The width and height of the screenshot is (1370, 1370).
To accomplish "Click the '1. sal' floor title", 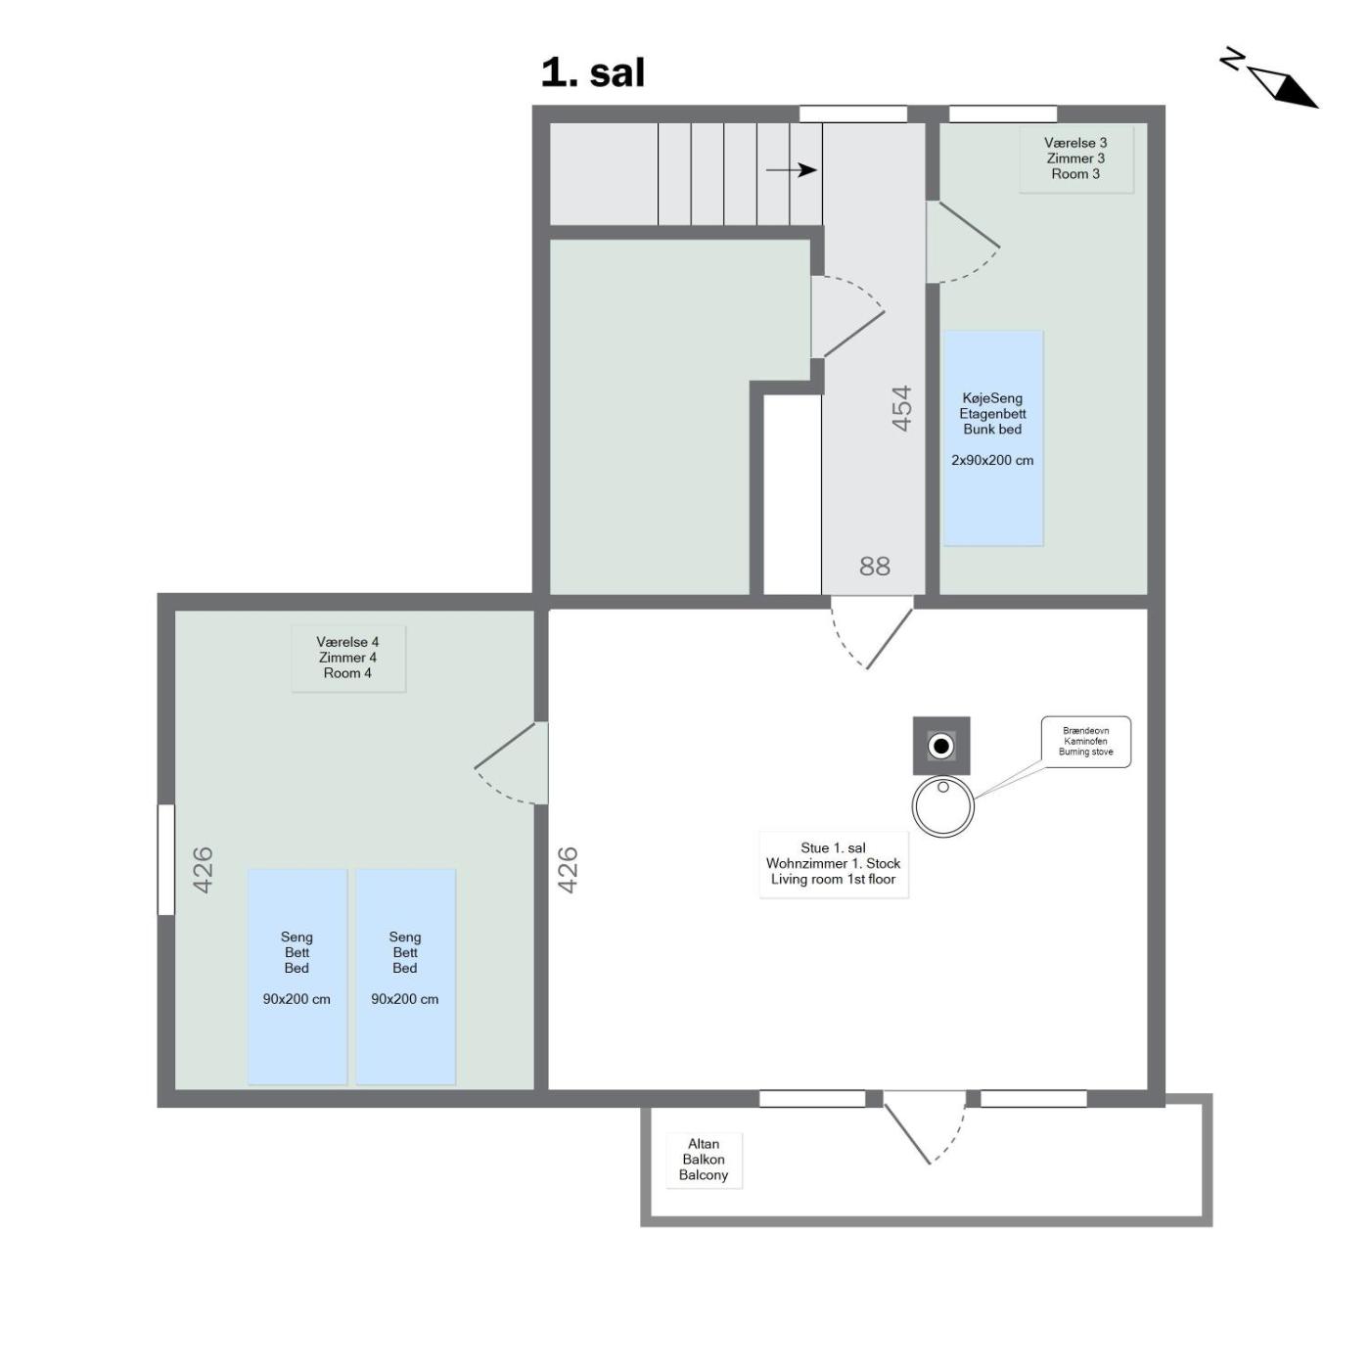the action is (592, 72).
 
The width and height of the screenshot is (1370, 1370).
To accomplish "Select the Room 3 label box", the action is (1074, 159).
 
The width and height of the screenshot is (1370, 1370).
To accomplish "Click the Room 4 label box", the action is (347, 658).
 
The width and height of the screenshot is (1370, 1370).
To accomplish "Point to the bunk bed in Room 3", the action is (992, 438).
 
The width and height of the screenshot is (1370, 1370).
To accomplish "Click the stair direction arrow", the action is (791, 170).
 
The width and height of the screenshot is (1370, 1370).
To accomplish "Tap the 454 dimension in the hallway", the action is (901, 408).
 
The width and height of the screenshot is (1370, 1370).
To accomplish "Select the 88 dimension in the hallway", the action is (875, 566).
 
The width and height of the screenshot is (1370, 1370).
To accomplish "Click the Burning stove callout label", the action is (1085, 742).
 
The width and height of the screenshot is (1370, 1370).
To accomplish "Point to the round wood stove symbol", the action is (942, 806).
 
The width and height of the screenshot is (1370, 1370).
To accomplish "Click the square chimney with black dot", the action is (941, 746).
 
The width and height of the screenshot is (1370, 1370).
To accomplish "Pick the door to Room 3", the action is (963, 243).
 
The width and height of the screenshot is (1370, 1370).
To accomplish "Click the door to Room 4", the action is (511, 763).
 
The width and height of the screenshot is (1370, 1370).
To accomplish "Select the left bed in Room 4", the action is (297, 977).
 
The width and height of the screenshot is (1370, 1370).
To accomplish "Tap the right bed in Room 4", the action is (405, 977).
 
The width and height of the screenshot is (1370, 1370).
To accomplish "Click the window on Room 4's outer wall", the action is (165, 859).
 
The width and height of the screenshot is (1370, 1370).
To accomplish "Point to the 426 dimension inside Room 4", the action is (203, 870).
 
